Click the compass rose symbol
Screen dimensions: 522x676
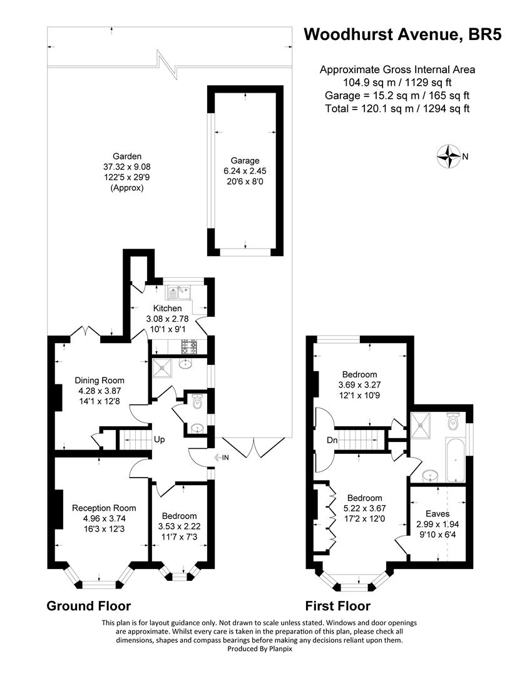(x=449, y=156)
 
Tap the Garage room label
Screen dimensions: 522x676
(x=245, y=160)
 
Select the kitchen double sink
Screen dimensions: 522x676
(x=179, y=293)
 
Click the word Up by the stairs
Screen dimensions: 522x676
(x=160, y=440)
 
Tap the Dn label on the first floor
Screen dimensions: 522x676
(x=332, y=440)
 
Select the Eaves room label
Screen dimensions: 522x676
(x=438, y=513)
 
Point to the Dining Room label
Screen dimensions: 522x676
(x=100, y=381)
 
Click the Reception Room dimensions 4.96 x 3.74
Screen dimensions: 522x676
(x=105, y=518)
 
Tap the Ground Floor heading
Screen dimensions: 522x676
(x=88, y=606)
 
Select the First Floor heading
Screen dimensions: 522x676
(x=337, y=606)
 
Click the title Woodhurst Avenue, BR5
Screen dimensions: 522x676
(x=402, y=34)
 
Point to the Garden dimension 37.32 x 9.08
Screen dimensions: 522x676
(x=126, y=166)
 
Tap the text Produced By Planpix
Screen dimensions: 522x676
(x=260, y=648)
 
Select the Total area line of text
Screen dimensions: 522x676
(x=397, y=108)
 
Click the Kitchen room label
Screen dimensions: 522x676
(x=168, y=308)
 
